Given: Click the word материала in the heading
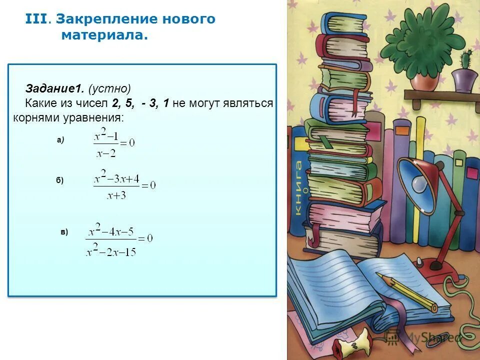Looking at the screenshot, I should point(105,36).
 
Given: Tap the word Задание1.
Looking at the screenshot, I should point(55,89).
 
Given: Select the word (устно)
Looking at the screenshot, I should point(109,89).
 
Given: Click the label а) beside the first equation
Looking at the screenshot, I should point(60,140).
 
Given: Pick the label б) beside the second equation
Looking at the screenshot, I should point(60,180).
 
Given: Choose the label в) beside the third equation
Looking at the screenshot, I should point(64,231).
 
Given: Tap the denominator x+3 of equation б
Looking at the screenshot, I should point(116,195).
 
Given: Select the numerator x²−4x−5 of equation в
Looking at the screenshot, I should point(111,231).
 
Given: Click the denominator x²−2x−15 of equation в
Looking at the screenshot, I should point(110,251).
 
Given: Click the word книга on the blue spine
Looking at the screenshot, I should point(298,187).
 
